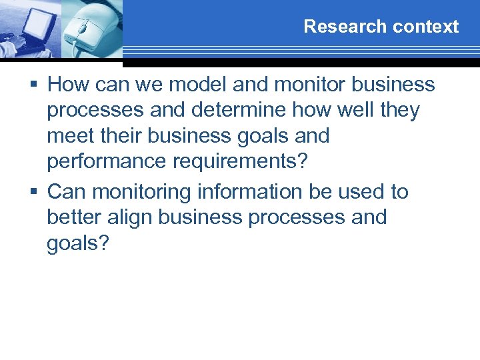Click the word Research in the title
click(x=335, y=27)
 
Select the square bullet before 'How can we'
click(x=37, y=85)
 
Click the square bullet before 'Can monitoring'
click(x=37, y=192)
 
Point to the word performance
click(x=105, y=163)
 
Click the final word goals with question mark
click(x=77, y=244)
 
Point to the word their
click(x=120, y=136)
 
